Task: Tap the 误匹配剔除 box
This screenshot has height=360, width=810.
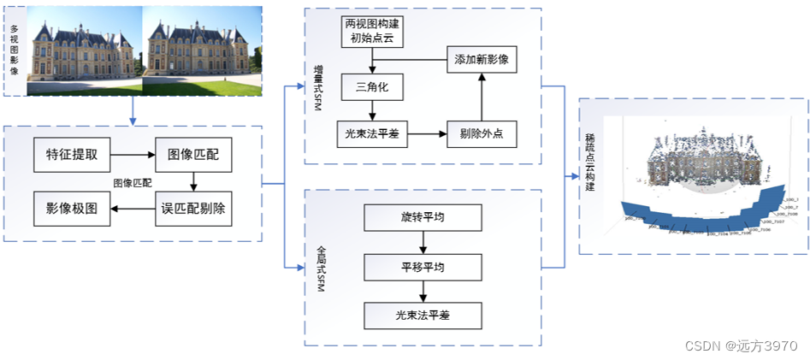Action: click(193, 208)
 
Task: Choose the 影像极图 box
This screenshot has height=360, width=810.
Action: click(72, 208)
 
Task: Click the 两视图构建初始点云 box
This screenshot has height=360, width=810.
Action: click(371, 31)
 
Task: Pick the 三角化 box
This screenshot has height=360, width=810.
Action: click(371, 86)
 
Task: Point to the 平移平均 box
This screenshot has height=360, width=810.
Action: click(423, 267)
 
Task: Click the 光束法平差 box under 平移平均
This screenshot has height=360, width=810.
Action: click(423, 316)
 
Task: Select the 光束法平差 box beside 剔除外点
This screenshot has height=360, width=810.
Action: click(371, 134)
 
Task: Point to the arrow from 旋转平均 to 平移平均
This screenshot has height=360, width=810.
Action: click(423, 242)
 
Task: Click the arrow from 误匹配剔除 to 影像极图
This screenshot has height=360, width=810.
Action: click(133, 208)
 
